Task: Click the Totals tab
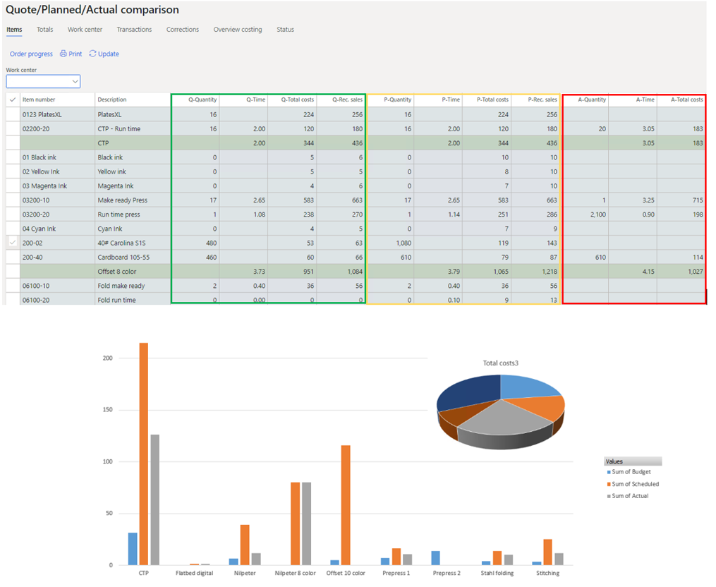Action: pos(44,30)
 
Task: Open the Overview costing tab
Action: pos(238,30)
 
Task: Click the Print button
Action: pos(71,54)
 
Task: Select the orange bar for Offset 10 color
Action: pos(345,504)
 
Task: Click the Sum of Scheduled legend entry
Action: pos(635,484)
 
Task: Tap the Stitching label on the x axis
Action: pos(547,573)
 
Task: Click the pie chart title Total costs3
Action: pos(501,363)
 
